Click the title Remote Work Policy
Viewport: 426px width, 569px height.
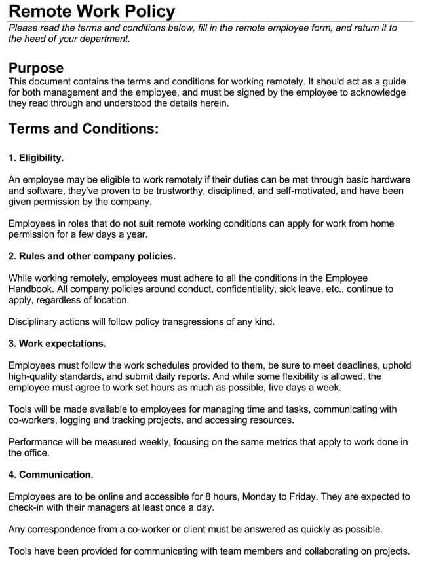(92, 11)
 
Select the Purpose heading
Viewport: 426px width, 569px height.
(36, 68)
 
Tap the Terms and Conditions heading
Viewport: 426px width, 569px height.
(83, 128)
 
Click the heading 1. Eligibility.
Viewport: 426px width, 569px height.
(36, 158)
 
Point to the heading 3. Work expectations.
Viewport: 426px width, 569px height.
(57, 343)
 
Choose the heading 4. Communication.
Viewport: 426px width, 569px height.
(51, 474)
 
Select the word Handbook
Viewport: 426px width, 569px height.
(31, 289)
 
